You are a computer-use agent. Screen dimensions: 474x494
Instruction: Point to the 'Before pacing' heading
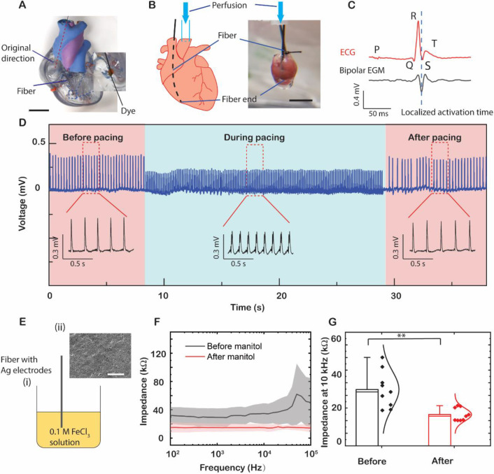click(x=93, y=137)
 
